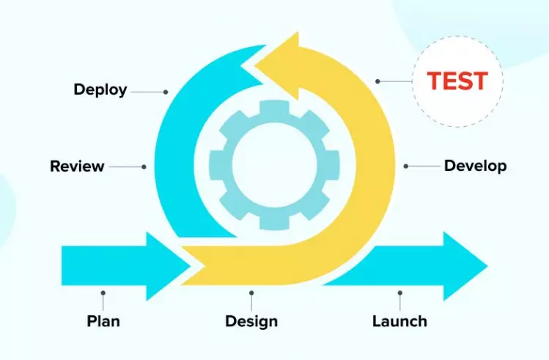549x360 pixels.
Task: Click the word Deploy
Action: [100, 90]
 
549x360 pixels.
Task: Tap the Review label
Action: [77, 166]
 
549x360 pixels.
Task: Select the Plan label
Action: [103, 321]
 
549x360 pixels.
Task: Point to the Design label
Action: [251, 321]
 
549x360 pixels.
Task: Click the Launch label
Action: [399, 321]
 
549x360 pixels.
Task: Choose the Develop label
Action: [475, 166]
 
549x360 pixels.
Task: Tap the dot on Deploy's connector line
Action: [166, 92]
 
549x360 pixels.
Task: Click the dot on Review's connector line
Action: [144, 166]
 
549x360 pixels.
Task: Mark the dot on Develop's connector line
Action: [406, 166]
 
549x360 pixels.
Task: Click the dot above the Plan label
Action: [103, 291]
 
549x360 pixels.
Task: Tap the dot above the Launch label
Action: [399, 291]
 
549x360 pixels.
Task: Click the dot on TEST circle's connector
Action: [378, 81]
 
